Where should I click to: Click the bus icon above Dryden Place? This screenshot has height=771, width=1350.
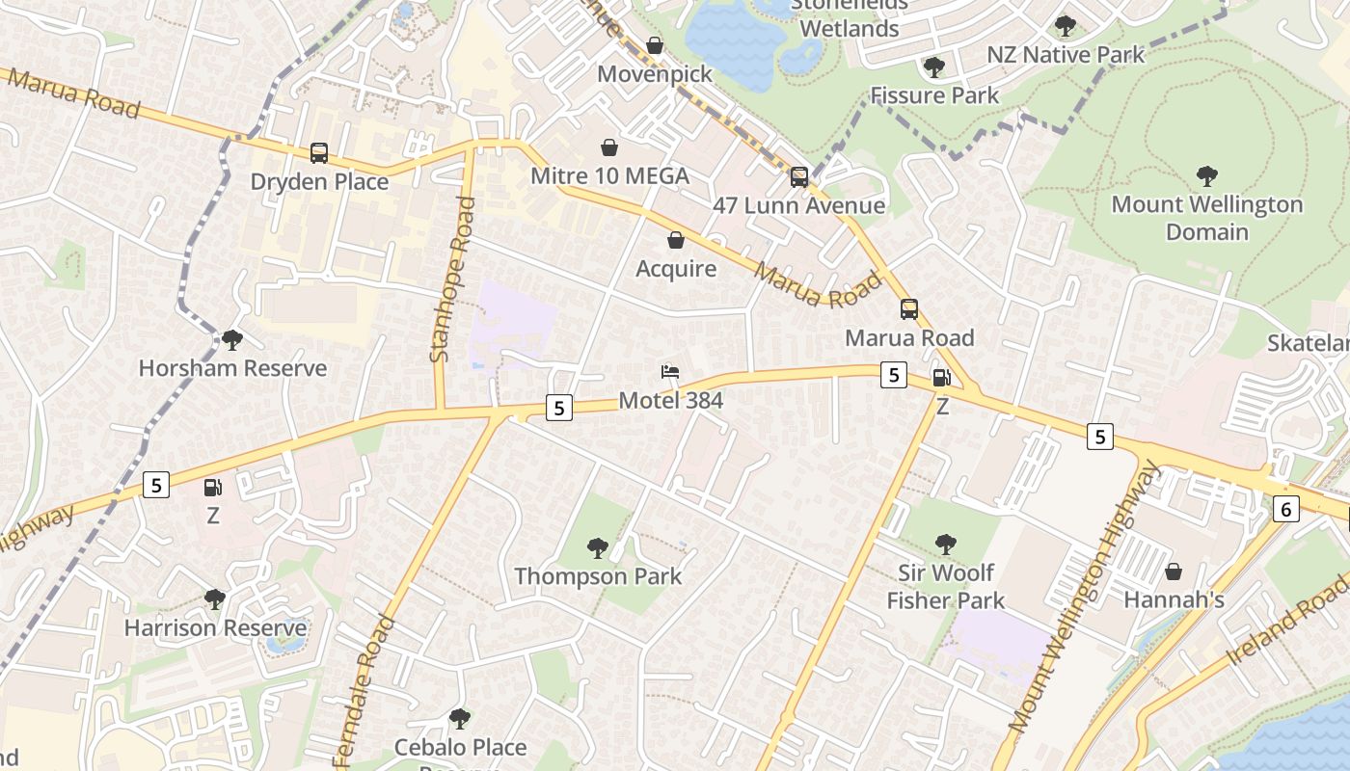tap(319, 153)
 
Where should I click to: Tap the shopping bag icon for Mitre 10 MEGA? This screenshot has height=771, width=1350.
tap(609, 147)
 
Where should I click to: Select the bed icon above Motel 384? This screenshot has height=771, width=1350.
tap(670, 372)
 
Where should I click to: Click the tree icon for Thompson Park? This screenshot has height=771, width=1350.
tap(598, 548)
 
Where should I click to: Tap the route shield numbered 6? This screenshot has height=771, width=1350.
tap(1285, 509)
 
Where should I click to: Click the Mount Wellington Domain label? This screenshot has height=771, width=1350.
tap(1206, 218)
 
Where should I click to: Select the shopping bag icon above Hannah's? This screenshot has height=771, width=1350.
tap(1174, 572)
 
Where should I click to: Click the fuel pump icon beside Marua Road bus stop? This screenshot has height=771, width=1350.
tap(942, 378)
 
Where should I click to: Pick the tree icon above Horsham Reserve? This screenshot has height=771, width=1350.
tap(231, 339)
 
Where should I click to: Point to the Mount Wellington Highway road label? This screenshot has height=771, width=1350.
tap(1085, 598)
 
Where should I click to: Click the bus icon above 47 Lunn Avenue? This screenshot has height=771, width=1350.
tap(799, 177)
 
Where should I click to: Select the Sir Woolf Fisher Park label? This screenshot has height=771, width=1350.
tap(945, 586)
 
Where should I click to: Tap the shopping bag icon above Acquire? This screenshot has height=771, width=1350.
tap(676, 240)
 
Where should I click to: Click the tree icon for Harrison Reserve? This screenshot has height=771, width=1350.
tap(215, 599)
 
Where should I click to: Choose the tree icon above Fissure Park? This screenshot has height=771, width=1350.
tap(933, 67)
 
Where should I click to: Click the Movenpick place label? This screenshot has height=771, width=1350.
tap(655, 74)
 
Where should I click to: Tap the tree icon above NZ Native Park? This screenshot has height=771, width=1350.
tap(1066, 26)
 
